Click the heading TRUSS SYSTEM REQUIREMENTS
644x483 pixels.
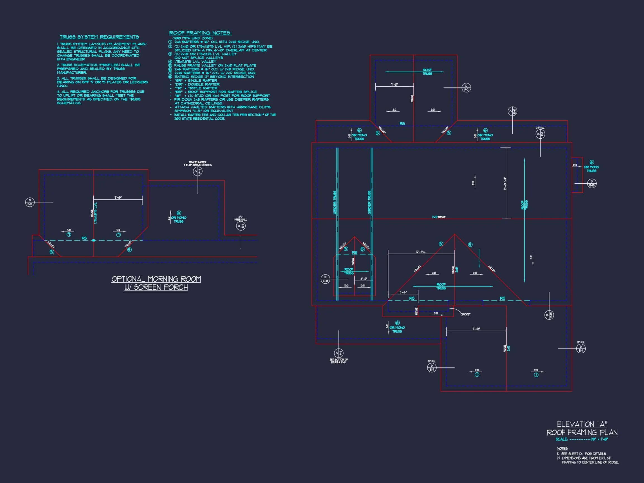[99, 37]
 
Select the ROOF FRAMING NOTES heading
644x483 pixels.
[200, 33]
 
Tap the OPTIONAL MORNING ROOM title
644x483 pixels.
[156, 279]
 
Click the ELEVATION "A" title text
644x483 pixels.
[582, 424]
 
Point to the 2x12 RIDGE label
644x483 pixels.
[439, 217]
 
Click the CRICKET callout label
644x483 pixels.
[465, 314]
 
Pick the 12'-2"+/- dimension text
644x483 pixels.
[421, 252]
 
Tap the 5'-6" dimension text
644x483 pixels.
[403, 292]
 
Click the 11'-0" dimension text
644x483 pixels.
[476, 329]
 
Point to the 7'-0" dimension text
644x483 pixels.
[394, 84]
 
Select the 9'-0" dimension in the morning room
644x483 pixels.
[118, 197]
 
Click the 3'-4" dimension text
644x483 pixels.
[363, 279]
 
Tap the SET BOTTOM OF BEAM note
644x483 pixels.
[338, 361]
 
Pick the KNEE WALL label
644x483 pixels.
[240, 218]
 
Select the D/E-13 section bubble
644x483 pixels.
[30, 202]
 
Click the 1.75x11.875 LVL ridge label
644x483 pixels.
[96, 213]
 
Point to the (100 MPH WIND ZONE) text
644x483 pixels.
[193, 38]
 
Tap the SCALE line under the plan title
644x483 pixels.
[582, 439]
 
